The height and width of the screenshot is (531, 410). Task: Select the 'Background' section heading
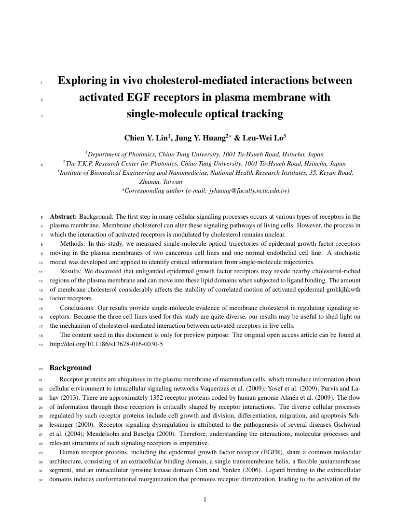pyautogui.click(x=70, y=368)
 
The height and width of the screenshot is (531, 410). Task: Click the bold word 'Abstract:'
pyautogui.click(x=64, y=216)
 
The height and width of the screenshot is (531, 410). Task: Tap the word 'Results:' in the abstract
pyautogui.click(x=71, y=271)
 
